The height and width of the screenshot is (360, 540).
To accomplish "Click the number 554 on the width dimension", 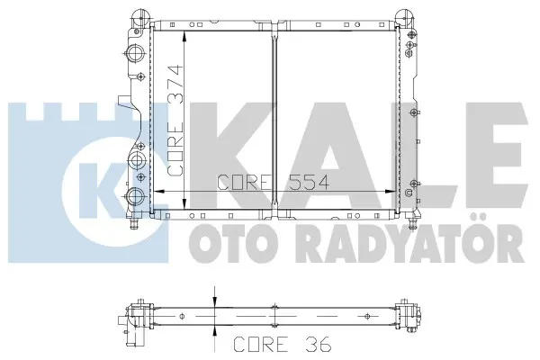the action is pyautogui.click(x=309, y=182).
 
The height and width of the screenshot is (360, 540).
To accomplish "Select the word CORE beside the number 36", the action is pyautogui.click(x=261, y=344).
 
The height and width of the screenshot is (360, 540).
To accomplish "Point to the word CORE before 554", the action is pyautogui.click(x=244, y=182).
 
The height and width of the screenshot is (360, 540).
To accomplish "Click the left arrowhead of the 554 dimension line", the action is pyautogui.click(x=157, y=191).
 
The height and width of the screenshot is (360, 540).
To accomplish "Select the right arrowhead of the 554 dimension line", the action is pyautogui.click(x=390, y=191).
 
